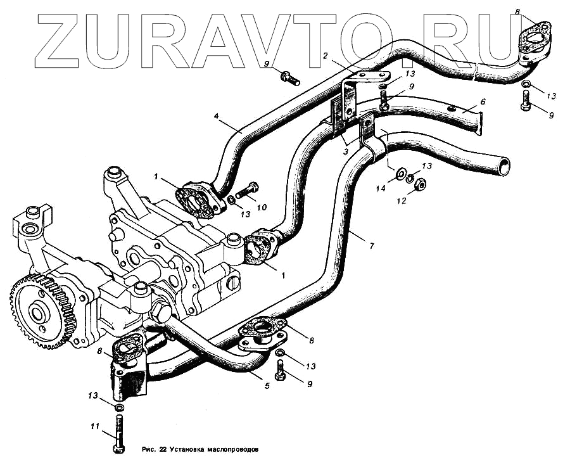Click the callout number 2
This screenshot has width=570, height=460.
[x=325, y=56]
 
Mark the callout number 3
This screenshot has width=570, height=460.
[x=345, y=151]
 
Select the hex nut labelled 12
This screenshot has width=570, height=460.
[x=421, y=184]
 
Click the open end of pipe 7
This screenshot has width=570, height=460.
[x=504, y=166]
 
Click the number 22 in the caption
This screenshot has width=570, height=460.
[x=163, y=450]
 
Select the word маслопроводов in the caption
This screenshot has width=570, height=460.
[x=236, y=450]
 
